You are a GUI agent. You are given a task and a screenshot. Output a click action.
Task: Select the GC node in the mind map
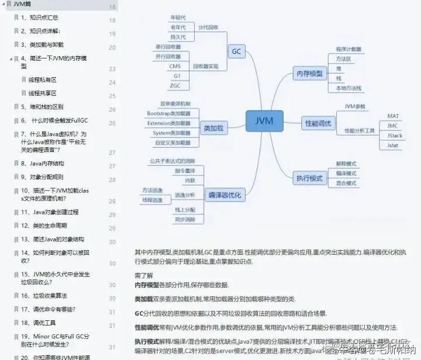click(x=236, y=51)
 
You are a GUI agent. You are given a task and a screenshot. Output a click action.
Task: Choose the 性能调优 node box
click(x=318, y=123)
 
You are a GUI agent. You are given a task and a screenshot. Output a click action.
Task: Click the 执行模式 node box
click(x=309, y=176)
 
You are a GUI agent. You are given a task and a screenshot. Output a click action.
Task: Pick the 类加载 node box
click(x=213, y=127)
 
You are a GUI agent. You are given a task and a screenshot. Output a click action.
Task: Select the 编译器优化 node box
click(x=225, y=195)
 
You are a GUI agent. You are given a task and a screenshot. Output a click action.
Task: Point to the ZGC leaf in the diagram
click(x=175, y=85)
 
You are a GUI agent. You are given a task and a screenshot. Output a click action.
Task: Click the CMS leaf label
click(x=175, y=66)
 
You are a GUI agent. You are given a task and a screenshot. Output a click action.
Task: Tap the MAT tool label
click(x=392, y=116)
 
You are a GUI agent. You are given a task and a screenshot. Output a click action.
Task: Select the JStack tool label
click(x=395, y=135)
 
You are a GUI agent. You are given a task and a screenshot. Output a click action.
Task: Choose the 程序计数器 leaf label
click(x=348, y=49)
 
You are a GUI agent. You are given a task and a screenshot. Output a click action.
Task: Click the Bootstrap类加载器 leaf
click(x=168, y=113)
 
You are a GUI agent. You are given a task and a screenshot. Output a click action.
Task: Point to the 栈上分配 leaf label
click(x=185, y=209)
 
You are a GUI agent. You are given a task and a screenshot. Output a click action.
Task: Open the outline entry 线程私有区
click(x=43, y=79)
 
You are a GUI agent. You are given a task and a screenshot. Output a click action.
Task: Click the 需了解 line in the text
click(x=143, y=275)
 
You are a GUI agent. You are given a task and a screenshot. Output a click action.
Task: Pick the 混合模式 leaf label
click(x=346, y=183)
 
